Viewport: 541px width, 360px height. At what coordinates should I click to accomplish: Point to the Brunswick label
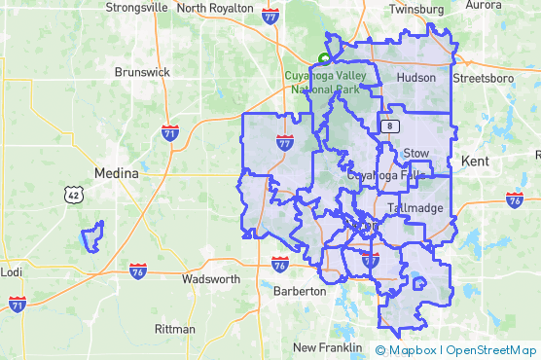point(142,72)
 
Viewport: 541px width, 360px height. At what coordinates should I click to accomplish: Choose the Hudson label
point(416,78)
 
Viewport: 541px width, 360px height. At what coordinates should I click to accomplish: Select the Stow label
point(415,153)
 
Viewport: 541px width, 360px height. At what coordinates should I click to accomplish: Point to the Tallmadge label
point(415,208)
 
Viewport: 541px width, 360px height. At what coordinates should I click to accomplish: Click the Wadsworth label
point(211,279)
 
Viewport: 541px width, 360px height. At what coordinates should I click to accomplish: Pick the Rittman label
point(175,329)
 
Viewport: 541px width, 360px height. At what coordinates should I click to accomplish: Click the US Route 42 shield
point(74,195)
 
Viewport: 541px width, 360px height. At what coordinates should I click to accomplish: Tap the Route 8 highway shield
point(390,126)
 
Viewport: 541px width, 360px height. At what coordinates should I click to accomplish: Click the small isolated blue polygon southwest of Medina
point(91,235)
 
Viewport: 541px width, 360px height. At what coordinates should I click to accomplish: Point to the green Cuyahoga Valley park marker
point(324,57)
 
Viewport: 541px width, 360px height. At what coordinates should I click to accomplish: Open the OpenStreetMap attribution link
point(491,350)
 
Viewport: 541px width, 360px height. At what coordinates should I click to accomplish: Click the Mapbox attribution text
point(413,350)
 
